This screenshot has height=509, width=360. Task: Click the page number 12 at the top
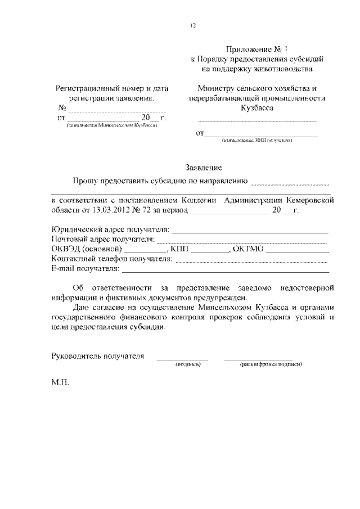coord(193,25)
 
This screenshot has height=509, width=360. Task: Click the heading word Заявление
coord(204,167)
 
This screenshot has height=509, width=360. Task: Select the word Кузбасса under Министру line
coord(256,109)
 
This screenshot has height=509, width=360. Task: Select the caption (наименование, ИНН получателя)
coord(256,140)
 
